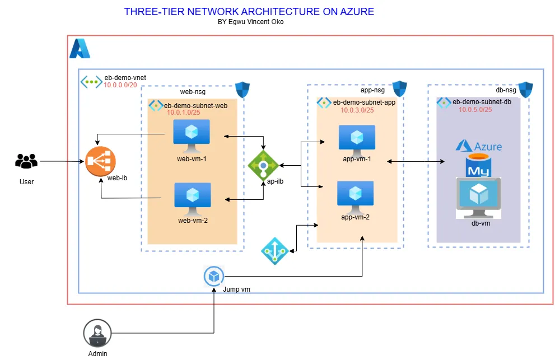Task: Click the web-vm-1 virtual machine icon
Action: (192, 135)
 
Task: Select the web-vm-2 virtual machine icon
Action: (192, 199)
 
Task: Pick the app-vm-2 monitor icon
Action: (355, 195)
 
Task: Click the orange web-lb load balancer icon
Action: (100, 162)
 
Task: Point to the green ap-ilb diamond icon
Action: (263, 165)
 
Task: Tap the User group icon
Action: (26, 161)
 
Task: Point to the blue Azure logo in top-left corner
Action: (80, 49)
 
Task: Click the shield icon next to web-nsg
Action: (242, 90)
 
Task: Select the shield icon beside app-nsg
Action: (399, 88)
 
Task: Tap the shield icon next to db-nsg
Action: (525, 89)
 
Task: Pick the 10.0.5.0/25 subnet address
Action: (475, 109)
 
